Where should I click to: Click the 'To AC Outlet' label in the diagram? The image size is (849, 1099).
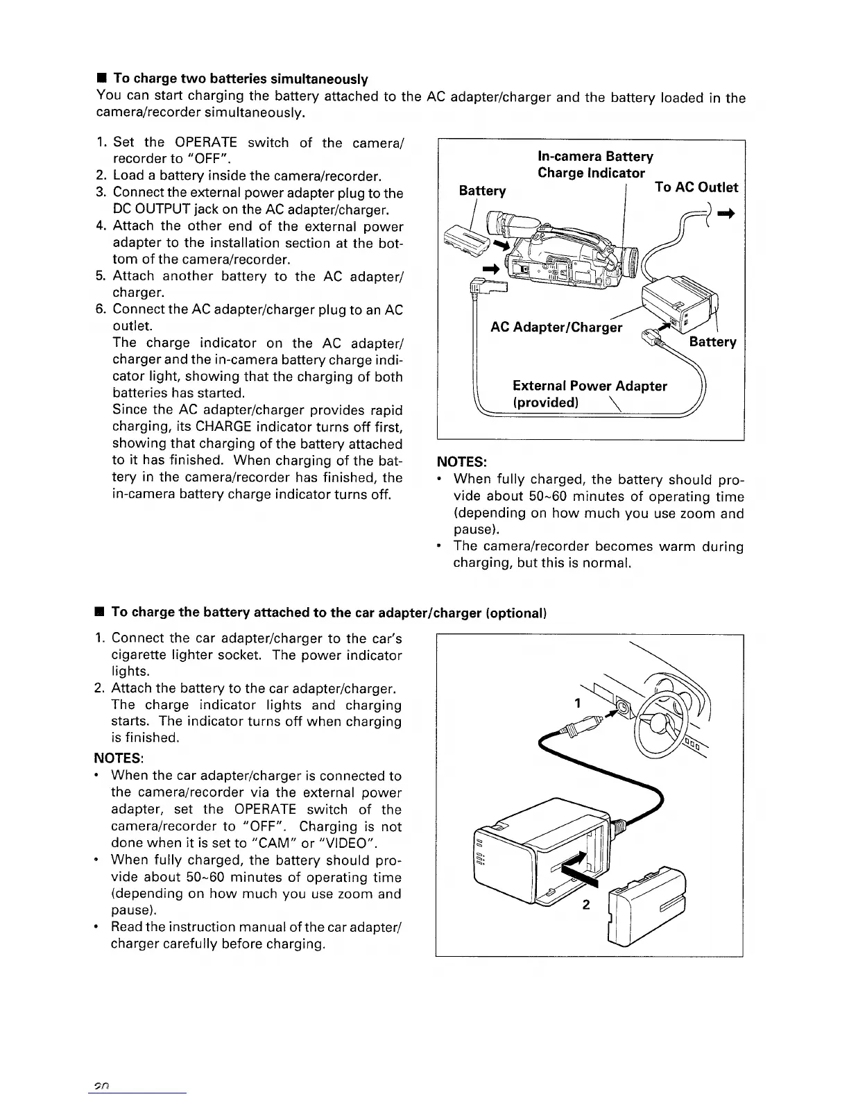pos(696,187)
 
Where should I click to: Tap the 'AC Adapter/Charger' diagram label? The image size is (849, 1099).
pos(556,327)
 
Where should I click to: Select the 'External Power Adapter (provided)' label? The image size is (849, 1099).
pos(590,394)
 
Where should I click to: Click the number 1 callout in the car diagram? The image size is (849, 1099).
pos(577,704)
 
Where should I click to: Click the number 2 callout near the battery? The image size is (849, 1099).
pos(586,905)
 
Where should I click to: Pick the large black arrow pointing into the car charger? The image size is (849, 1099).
pos(576,869)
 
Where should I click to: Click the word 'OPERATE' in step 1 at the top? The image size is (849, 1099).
pos(206,143)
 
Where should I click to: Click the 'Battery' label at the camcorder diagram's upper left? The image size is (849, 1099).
pos(483,191)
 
